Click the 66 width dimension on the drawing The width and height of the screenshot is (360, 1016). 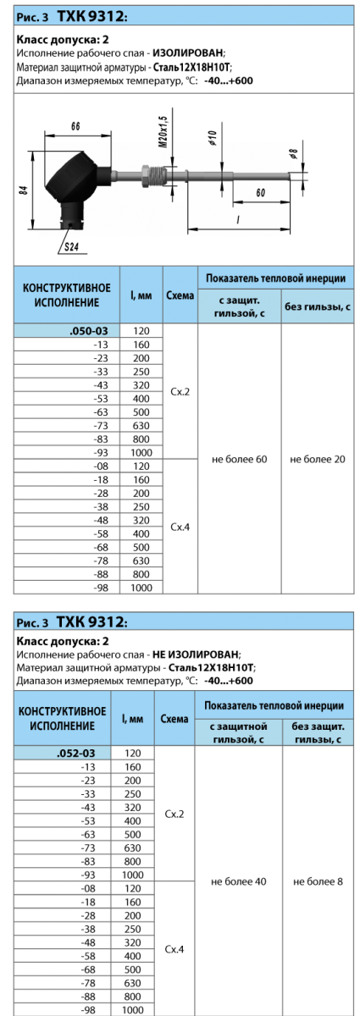pyautogui.click(x=75, y=126)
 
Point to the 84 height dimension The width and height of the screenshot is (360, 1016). pyautogui.click(x=24, y=190)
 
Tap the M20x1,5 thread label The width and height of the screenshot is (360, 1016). pyautogui.click(x=163, y=131)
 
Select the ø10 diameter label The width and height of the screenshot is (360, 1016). pyautogui.click(x=213, y=137)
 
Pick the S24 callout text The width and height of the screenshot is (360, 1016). pyautogui.click(x=71, y=246)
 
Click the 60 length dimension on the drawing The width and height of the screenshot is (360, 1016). pyautogui.click(x=261, y=193)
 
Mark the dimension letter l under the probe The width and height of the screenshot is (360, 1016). pyautogui.click(x=238, y=220)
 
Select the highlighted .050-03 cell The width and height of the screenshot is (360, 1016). pyautogui.click(x=67, y=331)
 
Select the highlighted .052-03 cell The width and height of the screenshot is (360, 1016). pyautogui.click(x=62, y=753)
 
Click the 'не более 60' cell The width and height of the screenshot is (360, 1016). pyautogui.click(x=239, y=459)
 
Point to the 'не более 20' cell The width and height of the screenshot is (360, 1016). pyautogui.click(x=318, y=459)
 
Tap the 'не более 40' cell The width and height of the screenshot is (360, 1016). pyautogui.click(x=238, y=881)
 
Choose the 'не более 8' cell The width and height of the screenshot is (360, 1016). pyautogui.click(x=318, y=881)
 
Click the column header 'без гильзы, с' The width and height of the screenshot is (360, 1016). pyautogui.click(x=318, y=306)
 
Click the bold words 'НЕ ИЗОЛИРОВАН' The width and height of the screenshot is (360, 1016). pyautogui.click(x=196, y=654)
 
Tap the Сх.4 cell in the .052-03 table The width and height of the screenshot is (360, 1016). pyautogui.click(x=174, y=949)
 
